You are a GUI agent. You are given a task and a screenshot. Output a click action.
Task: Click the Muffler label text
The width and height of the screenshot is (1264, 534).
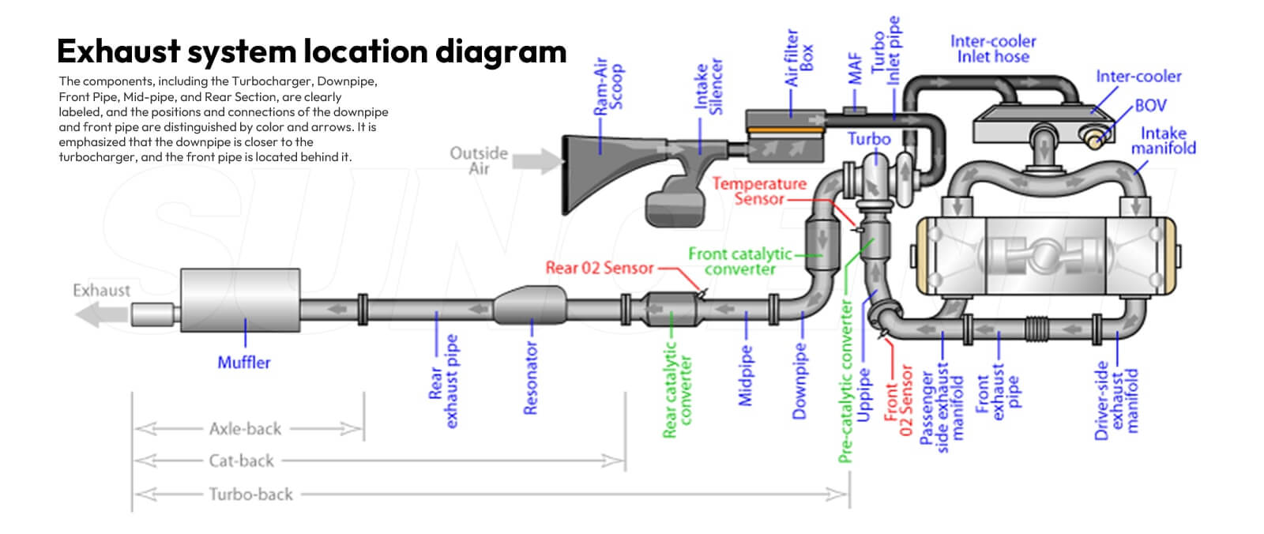coord(243,363)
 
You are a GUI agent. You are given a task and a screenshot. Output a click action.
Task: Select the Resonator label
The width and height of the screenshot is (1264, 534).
coord(531,378)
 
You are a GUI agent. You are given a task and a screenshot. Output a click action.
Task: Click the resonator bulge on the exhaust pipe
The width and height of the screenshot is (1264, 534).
coord(531,306)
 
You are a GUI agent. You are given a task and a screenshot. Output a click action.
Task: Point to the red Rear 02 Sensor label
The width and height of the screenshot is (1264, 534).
coord(600,268)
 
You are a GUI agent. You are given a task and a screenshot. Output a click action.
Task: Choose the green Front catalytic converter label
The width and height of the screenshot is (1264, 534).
coord(740,261)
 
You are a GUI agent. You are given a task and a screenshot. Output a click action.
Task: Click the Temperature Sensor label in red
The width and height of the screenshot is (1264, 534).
coord(759,191)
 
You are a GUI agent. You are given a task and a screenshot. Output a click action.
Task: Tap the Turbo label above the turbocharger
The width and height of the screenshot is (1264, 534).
coord(869,139)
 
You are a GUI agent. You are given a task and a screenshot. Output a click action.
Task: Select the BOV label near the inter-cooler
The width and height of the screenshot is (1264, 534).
coord(1150,106)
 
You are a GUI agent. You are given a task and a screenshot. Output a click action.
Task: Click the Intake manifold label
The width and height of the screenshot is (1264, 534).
coord(1163,141)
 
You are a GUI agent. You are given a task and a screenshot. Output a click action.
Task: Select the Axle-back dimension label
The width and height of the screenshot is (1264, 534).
coord(245,429)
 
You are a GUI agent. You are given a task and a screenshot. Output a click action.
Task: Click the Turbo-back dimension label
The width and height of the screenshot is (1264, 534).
coord(250,495)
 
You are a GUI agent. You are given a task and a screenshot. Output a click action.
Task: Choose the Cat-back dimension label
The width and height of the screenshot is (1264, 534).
coord(241,461)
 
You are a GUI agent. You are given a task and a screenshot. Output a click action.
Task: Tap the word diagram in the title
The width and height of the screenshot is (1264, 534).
coord(501,51)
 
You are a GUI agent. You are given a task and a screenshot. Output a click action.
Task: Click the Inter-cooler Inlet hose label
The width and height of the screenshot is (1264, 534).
coord(993,49)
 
